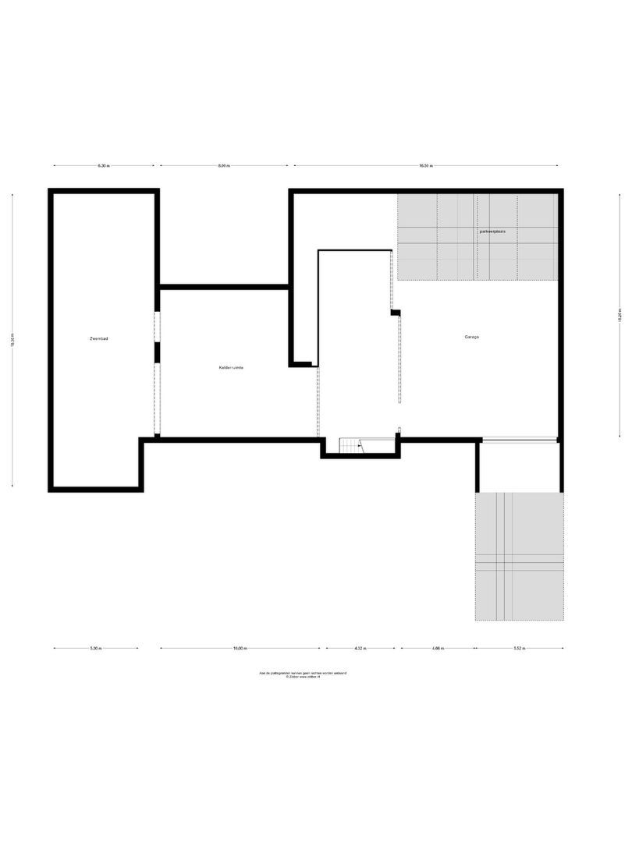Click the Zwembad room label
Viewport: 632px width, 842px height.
point(98,339)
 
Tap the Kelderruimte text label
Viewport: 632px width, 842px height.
point(231,367)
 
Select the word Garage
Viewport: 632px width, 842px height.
point(470,338)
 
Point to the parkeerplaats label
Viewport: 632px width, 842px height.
point(493,232)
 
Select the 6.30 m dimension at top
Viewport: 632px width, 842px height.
point(104,165)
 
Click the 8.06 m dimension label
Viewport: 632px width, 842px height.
point(224,165)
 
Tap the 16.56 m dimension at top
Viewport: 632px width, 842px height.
point(425,165)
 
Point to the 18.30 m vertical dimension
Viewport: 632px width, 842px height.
point(13,340)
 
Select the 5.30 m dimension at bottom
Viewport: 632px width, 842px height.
point(95,648)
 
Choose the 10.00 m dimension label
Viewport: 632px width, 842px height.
point(240,648)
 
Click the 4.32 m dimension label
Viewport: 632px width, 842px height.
point(360,648)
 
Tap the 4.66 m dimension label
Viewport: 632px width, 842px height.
point(438,648)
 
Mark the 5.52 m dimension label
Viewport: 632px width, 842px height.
point(519,648)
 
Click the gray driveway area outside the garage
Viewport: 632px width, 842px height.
point(519,556)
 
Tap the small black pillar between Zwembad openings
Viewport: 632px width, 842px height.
point(157,352)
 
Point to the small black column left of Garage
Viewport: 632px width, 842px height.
point(396,313)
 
